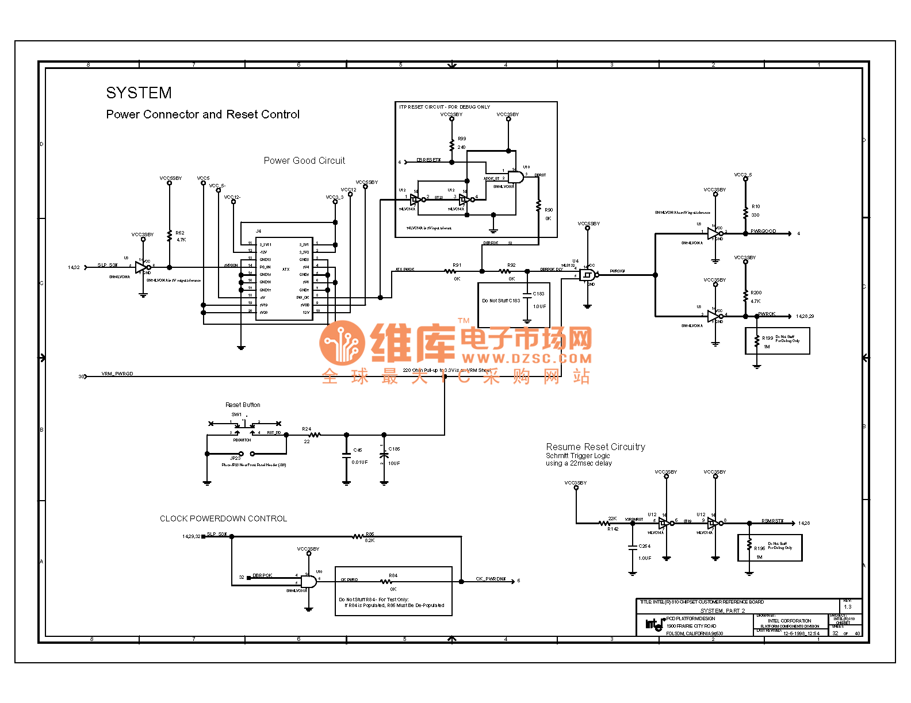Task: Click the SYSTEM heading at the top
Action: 139,93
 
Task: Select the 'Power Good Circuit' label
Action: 304,161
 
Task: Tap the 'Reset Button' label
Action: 243,405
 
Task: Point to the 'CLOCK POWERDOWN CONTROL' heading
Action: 223,518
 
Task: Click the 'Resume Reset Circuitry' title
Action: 595,447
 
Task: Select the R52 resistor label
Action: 180,233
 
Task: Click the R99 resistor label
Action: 462,139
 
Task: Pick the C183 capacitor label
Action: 538,294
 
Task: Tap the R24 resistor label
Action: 307,429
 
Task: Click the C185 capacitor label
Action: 394,449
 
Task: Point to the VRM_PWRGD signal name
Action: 117,374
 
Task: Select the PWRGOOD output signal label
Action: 763,231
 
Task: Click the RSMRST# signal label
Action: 772,521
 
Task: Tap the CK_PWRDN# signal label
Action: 491,579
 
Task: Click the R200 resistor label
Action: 756,293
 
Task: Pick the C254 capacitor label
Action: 644,546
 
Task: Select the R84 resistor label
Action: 393,575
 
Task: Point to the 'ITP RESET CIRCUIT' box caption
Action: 445,107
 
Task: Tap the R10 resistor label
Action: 756,206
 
